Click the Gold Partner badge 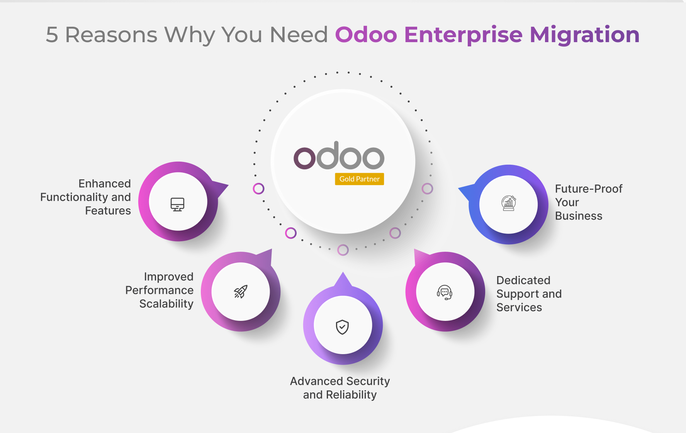359,179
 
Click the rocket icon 241,292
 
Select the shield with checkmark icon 342,327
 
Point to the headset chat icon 445,292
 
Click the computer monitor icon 178,205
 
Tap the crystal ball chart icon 509,203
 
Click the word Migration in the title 585,35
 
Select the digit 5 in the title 52,35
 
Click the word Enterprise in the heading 464,35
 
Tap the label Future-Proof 589,189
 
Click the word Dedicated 523,280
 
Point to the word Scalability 166,304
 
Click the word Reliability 351,395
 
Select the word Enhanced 105,184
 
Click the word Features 108,211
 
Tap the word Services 519,307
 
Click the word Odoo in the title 366,35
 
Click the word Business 579,216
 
